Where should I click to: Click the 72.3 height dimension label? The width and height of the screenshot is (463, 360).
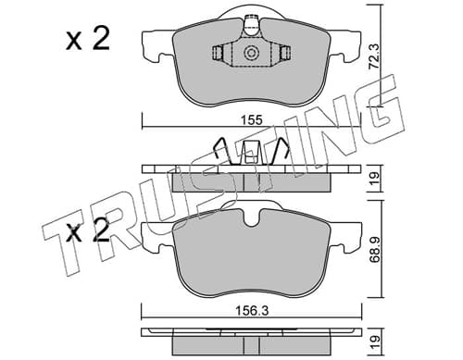[x=375, y=57]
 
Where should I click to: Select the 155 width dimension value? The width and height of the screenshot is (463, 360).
[x=252, y=119]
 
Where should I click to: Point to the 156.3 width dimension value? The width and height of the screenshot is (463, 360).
[x=252, y=311]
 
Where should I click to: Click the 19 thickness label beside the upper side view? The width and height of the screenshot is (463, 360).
[x=374, y=178]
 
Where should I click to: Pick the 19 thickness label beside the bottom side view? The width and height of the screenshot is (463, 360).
[x=374, y=341]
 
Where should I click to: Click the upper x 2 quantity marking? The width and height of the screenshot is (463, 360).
[x=88, y=40]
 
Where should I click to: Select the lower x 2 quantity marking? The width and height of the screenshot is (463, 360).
[x=88, y=232]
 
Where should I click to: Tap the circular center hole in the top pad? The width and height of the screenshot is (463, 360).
[x=250, y=53]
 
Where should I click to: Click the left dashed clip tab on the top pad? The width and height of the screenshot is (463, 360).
[x=219, y=53]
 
